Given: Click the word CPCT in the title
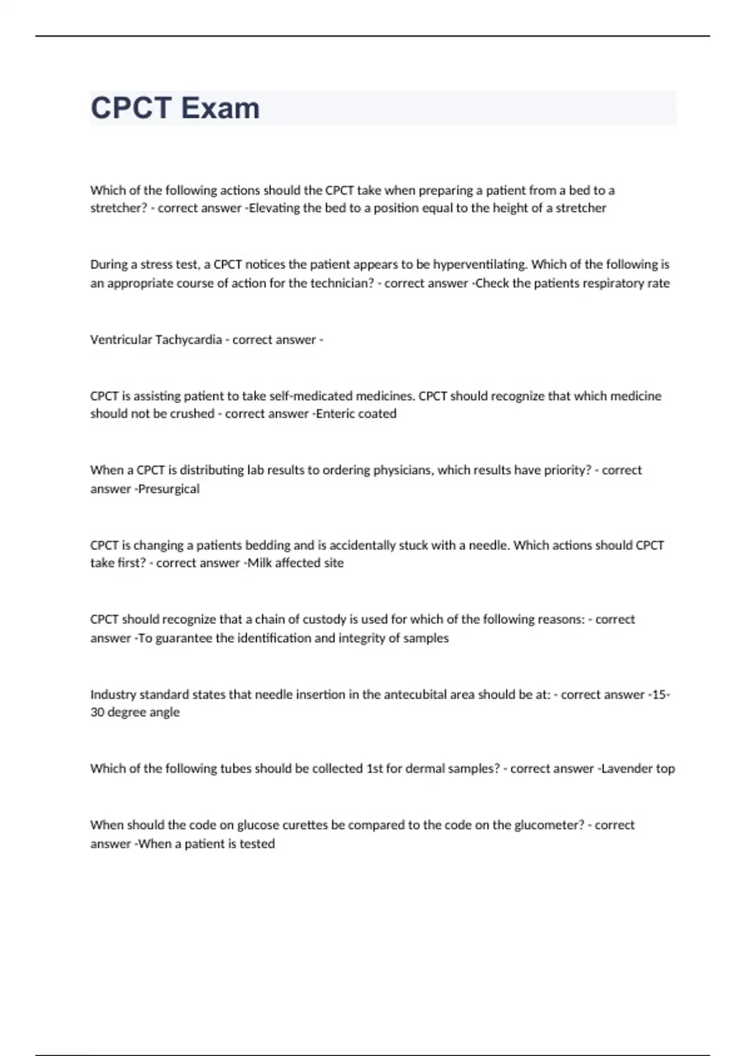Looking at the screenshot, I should coord(131,108).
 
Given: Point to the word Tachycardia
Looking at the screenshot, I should coord(188,340).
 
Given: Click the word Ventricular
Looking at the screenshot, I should coord(121,340).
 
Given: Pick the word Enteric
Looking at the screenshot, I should coord(335,414).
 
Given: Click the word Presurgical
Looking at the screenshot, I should coord(169,489).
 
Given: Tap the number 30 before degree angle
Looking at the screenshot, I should coord(97,712).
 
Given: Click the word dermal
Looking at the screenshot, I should coord(426,769).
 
